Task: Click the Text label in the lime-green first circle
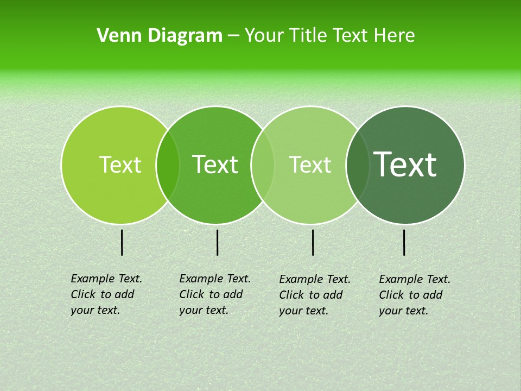120,165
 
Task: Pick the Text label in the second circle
215,165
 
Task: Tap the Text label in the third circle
310,165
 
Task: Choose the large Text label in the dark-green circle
405,165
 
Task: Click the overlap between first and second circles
168,165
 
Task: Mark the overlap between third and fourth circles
358,165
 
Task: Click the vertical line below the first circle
122,242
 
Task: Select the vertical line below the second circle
217,242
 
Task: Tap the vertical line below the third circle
313,242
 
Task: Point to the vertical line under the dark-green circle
404,242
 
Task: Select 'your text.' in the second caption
204,311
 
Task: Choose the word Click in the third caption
291,295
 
